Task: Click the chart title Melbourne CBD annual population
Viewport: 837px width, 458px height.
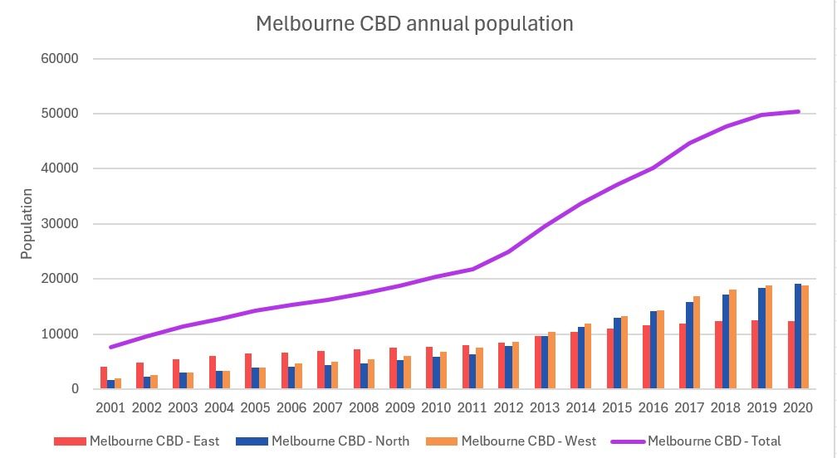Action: tap(414, 23)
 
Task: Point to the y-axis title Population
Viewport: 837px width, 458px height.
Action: tap(27, 224)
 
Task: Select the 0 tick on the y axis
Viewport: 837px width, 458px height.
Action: tap(74, 389)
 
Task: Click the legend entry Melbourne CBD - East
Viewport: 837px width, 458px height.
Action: tap(154, 441)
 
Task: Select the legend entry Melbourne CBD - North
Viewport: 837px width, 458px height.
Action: tap(340, 441)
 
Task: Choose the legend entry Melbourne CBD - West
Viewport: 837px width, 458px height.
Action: tap(528, 441)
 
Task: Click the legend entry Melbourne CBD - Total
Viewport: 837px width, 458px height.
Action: tap(714, 441)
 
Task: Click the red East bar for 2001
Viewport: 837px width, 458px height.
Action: tap(104, 378)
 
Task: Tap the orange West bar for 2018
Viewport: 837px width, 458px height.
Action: tap(733, 339)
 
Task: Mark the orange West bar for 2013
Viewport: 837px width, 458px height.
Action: tap(552, 361)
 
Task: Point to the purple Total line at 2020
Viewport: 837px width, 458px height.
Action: tap(798, 111)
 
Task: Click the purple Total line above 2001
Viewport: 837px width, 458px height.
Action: tap(111, 347)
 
